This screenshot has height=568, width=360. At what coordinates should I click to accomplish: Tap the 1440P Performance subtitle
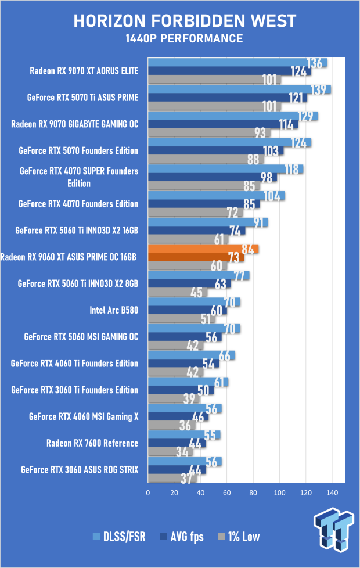183,39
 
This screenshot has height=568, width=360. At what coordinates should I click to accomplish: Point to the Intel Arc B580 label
114,310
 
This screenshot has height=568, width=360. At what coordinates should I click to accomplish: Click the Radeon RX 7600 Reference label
92,443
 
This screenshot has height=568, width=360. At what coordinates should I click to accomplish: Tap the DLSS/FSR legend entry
118,537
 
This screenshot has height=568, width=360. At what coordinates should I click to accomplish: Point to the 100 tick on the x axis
280,492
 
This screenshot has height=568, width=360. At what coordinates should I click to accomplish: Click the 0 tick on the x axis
149,492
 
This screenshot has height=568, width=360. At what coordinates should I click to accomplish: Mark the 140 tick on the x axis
332,492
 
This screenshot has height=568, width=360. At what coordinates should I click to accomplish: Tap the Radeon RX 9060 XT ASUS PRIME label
69,257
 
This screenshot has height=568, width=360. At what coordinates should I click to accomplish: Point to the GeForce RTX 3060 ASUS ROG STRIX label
80,469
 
